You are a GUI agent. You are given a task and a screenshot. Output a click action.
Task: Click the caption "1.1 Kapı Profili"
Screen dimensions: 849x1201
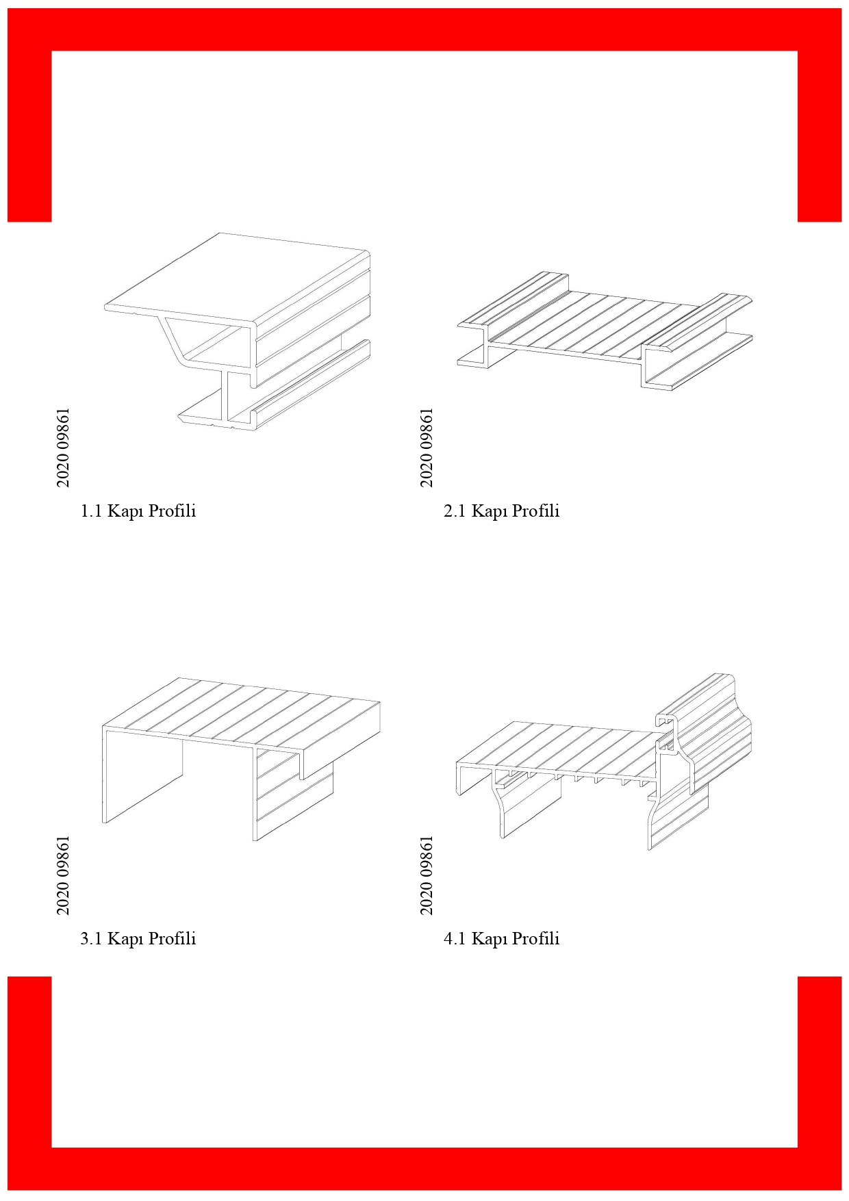tap(138, 511)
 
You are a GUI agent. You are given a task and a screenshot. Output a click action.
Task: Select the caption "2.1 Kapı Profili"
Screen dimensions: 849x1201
tap(501, 511)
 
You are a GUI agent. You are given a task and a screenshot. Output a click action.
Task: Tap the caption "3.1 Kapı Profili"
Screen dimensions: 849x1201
tap(138, 939)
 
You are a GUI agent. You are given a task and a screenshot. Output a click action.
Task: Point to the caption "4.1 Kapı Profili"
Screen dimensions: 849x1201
tap(501, 939)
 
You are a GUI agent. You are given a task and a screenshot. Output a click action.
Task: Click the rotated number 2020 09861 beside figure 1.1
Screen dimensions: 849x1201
tap(63, 448)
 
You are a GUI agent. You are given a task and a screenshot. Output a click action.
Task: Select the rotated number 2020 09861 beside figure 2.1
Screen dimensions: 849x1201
tap(427, 448)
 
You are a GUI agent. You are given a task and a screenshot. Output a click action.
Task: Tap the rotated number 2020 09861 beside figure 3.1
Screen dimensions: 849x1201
tap(63, 875)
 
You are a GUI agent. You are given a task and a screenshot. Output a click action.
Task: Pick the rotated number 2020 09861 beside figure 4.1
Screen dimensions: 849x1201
tap(427, 875)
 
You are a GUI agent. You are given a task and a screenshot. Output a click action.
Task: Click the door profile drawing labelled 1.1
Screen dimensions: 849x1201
tap(238, 332)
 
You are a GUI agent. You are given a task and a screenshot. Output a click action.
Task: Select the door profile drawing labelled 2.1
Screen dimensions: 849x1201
tap(605, 331)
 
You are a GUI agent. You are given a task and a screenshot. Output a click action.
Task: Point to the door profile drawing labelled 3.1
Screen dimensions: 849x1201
tap(242, 760)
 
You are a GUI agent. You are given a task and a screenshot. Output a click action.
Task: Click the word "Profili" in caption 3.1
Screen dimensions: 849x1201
tap(173, 939)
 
